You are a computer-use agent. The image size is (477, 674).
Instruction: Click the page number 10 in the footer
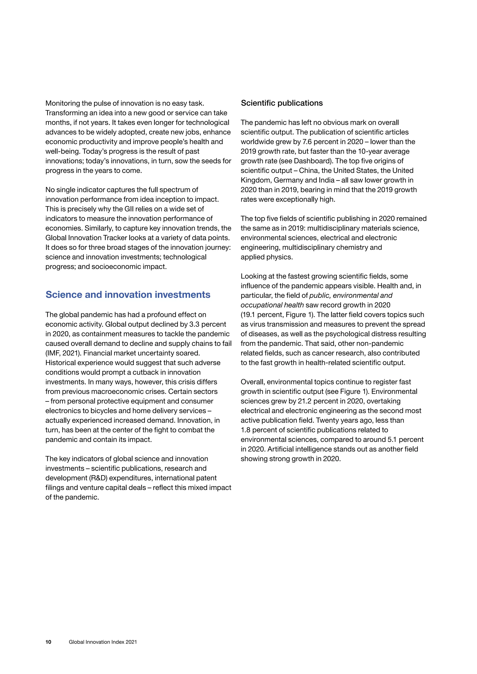(x=48, y=642)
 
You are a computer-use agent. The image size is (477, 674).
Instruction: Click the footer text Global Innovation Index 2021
(x=103, y=642)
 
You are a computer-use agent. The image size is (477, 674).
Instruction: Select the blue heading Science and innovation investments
(x=128, y=294)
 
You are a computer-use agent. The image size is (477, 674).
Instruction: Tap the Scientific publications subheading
(x=282, y=103)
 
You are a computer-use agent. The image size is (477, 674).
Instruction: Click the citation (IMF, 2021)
(x=63, y=353)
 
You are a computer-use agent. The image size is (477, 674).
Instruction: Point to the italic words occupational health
(x=272, y=305)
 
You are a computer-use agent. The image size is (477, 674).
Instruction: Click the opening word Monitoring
(x=63, y=103)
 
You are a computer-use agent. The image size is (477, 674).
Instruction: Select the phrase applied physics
(x=266, y=257)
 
